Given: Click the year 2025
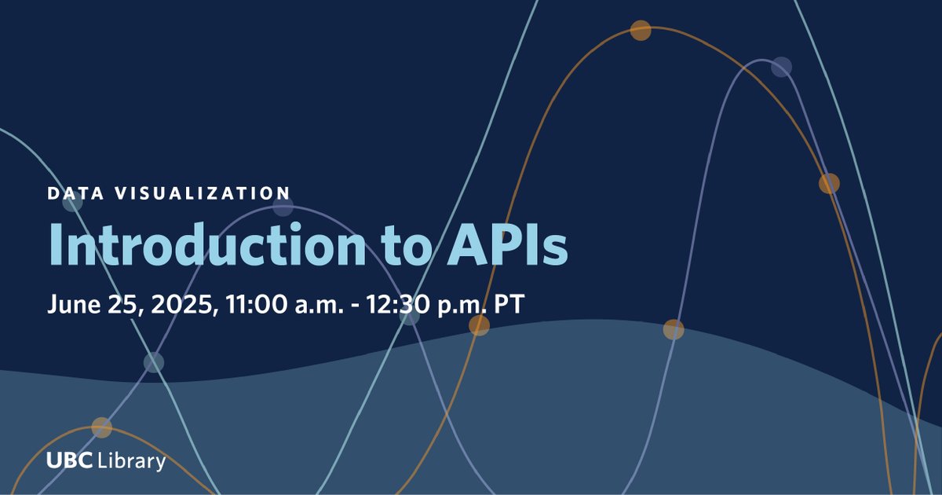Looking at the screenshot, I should click(174, 305).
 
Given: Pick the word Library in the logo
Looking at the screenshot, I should click(132, 461).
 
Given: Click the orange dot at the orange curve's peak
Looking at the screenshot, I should click(641, 31).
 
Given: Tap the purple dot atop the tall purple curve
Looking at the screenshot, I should click(780, 67).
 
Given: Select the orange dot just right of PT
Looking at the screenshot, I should click(479, 325).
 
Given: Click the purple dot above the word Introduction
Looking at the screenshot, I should click(283, 206).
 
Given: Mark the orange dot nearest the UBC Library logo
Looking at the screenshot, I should click(101, 427).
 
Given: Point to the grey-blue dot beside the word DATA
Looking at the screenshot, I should click(72, 202).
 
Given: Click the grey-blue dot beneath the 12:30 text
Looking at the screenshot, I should click(409, 316).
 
